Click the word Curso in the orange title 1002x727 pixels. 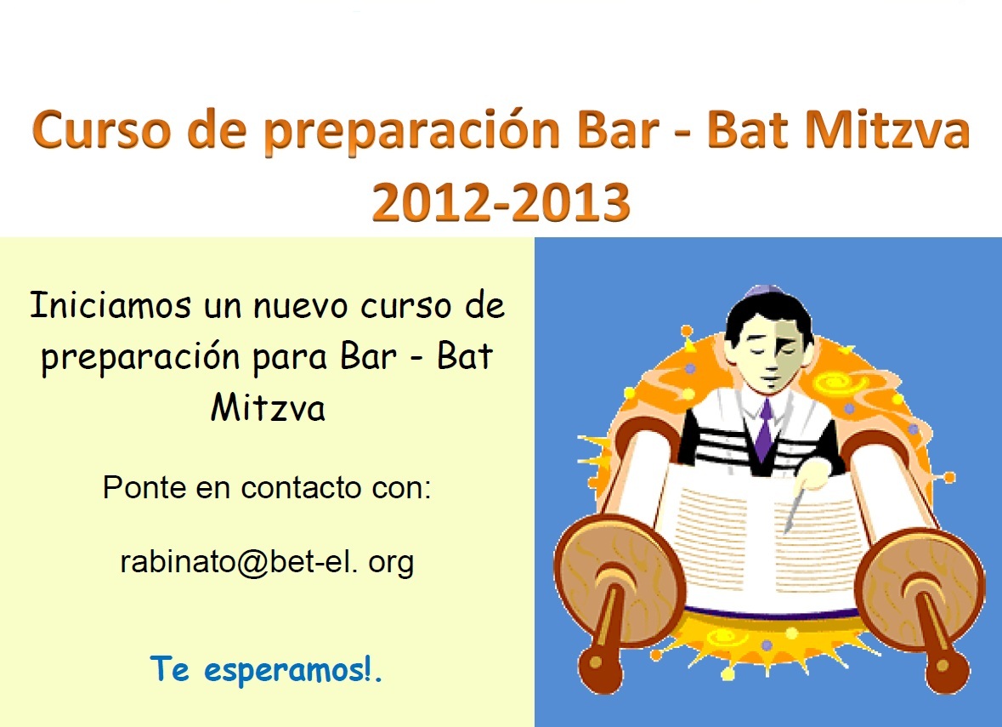point(102,130)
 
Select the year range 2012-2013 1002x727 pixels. point(501,202)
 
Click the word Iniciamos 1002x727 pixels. point(110,304)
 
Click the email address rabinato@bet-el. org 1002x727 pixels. point(267,563)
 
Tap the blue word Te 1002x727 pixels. point(169,669)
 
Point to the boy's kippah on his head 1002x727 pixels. point(764,292)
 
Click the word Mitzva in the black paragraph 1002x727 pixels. point(268,407)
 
